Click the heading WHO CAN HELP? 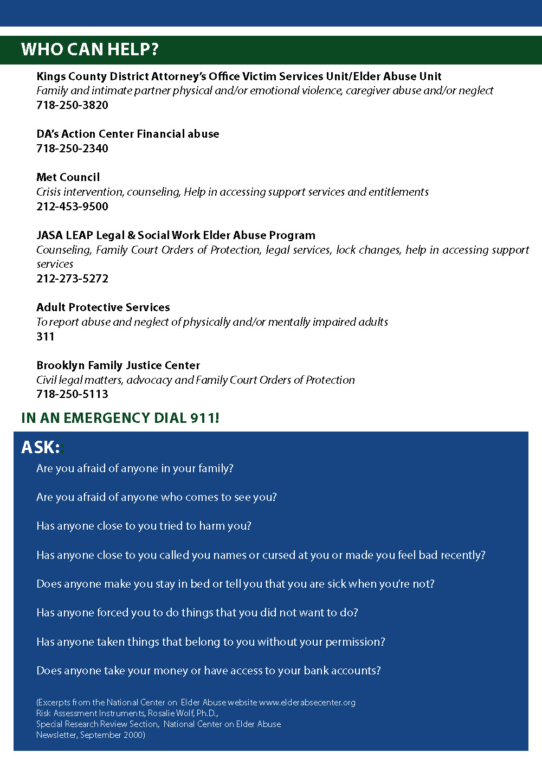point(90,49)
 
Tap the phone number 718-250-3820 point(72,105)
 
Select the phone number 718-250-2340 point(72,149)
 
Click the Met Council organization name point(68,177)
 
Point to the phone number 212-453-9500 point(72,207)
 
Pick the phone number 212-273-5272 point(72,279)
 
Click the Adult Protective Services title point(103,307)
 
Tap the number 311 point(46,337)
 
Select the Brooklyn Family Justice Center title point(118,365)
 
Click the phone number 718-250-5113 point(72,394)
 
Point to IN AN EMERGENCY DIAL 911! point(120,418)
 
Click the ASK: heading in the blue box point(41,447)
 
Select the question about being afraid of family point(135,468)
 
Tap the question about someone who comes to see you point(157,497)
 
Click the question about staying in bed point(235,584)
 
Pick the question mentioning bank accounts point(209,671)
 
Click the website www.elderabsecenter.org point(307,703)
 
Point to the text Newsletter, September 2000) point(91,735)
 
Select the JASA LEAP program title point(176,235)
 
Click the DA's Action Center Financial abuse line point(128,134)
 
